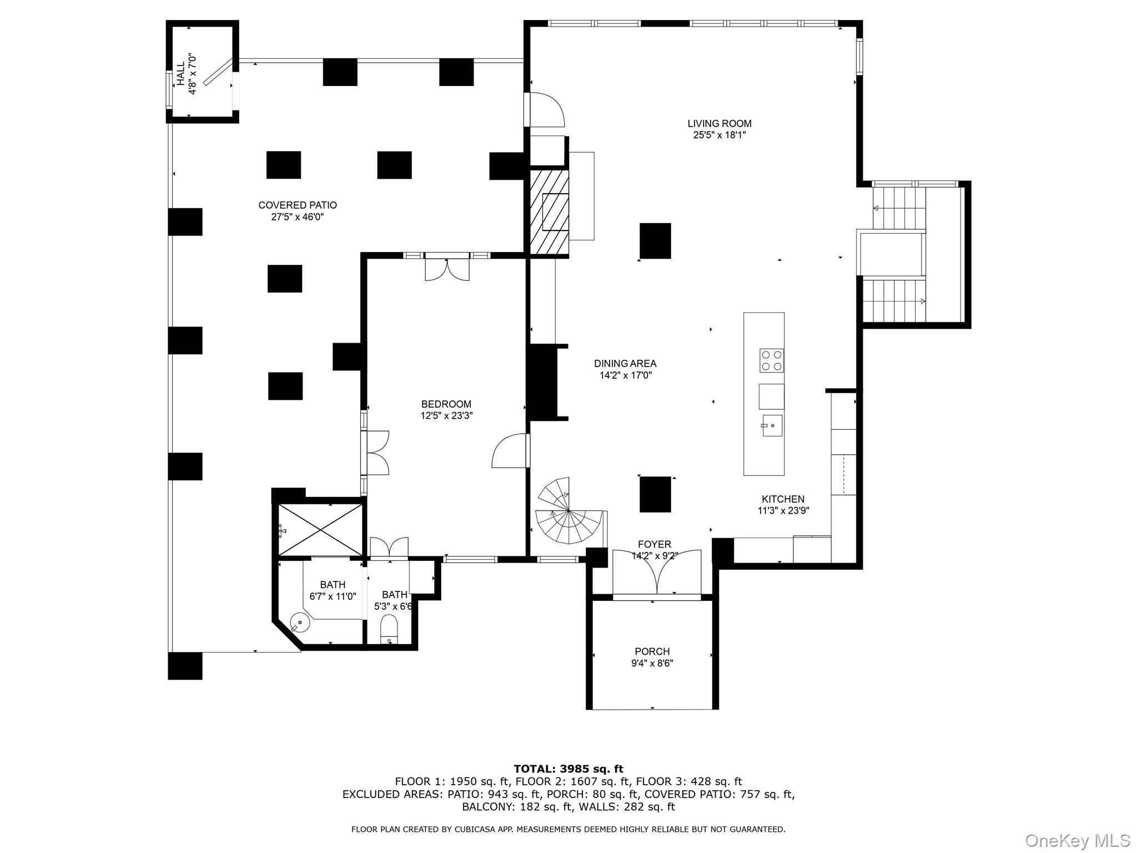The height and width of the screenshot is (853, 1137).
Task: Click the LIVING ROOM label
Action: (719, 124)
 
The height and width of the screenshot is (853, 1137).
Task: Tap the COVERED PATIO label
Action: (298, 205)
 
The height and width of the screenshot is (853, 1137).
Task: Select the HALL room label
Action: (181, 74)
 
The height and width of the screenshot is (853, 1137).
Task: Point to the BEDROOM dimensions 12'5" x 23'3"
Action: (446, 415)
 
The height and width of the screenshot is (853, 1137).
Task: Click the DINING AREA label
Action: (625, 364)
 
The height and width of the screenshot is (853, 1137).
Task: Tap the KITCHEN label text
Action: (783, 499)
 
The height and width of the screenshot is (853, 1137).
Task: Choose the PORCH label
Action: (652, 651)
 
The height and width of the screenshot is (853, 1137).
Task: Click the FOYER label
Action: (655, 544)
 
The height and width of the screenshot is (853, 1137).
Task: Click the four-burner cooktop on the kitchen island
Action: (771, 360)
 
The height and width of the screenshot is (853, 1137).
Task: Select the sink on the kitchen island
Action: (772, 425)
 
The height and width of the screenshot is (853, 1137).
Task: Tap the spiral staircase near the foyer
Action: (568, 514)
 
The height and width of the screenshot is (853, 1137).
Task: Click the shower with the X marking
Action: (319, 529)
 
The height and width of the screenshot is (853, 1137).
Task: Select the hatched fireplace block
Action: (549, 212)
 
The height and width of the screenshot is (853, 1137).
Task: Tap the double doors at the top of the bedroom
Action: (447, 269)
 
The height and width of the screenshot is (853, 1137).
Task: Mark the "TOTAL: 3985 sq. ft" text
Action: (568, 769)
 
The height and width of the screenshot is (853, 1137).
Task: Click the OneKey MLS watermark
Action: (1077, 840)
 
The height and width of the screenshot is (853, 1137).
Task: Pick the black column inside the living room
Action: (655, 240)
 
